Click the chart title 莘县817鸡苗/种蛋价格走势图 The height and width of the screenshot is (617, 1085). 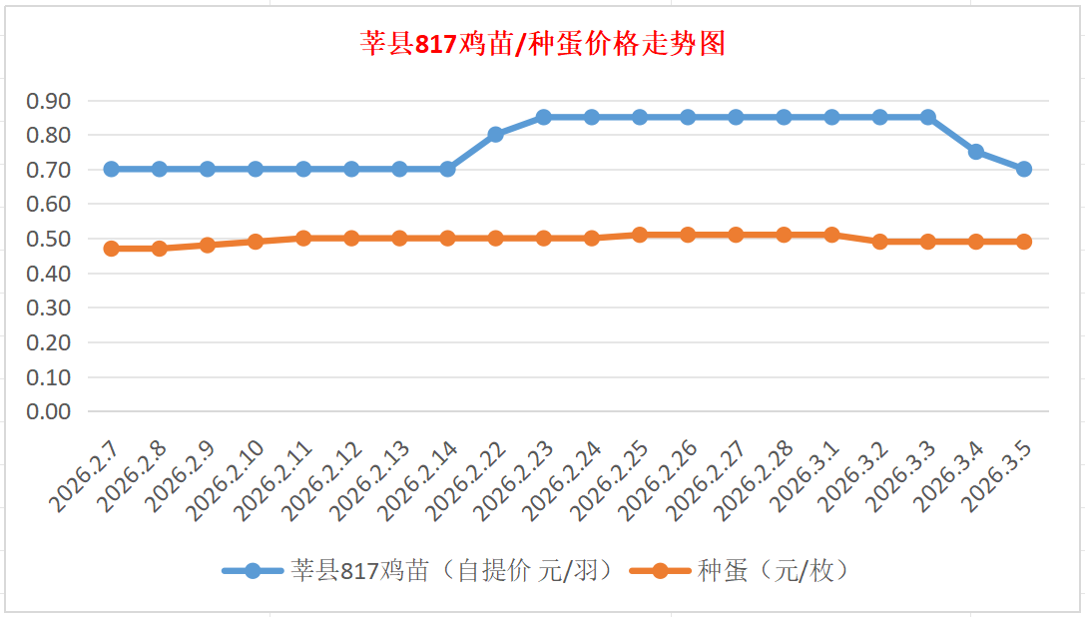tap(542, 45)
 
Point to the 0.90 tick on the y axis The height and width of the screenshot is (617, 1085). tap(49, 101)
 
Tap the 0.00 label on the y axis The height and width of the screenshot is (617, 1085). tap(49, 411)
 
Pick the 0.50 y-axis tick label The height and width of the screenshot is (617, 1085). tap(49, 239)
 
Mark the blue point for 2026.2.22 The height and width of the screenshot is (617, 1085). tap(496, 135)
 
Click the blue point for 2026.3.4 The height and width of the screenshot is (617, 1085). tap(976, 152)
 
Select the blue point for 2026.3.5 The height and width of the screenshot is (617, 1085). tap(1024, 169)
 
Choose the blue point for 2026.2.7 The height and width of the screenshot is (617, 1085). tap(112, 169)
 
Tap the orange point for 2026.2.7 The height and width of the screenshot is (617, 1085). tap(112, 249)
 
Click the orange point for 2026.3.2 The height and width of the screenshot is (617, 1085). tap(880, 242)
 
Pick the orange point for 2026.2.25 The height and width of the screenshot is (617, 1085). tap(640, 235)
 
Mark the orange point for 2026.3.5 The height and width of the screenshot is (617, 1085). tap(1024, 242)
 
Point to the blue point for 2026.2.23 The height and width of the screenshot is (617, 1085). tap(544, 117)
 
